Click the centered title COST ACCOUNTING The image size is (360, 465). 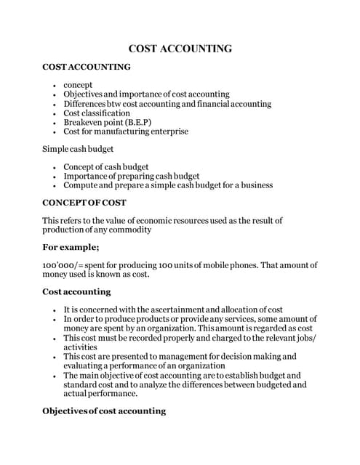tap(180, 49)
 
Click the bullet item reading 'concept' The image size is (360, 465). tap(78, 85)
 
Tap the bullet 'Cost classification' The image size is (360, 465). tap(97, 113)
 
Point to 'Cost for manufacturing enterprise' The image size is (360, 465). tap(126, 132)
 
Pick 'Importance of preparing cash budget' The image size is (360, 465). tap(131, 176)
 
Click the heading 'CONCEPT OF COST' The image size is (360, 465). tap(84, 202)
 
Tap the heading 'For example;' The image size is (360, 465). tap(71, 247)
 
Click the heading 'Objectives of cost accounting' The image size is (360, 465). tap(104, 411)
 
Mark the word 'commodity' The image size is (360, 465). tap(129, 230)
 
